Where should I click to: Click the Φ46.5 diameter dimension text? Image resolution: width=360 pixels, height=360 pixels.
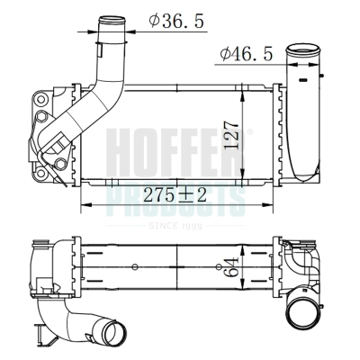[x=246, y=55]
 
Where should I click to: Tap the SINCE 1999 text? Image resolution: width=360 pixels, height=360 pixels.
[x=180, y=225]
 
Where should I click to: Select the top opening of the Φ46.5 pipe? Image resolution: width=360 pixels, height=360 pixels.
[x=301, y=50]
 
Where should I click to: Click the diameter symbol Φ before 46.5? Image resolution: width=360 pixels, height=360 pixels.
[x=225, y=55]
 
